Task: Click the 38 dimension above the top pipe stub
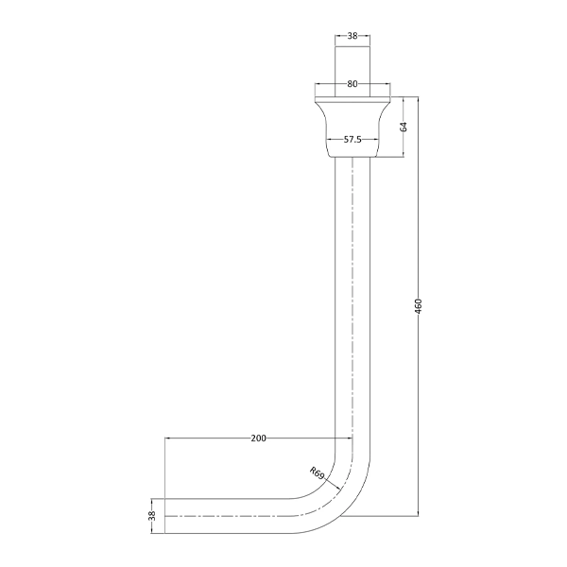pos(352,36)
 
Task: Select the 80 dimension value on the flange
pos(352,84)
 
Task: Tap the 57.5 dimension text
pos(352,139)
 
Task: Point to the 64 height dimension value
pos(404,127)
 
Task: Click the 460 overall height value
pos(418,307)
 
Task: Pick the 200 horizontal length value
pos(258,438)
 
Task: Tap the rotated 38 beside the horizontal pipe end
pos(151,515)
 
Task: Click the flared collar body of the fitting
pos(352,121)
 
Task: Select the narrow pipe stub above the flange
pos(352,66)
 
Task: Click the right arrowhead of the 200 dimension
pos(349,438)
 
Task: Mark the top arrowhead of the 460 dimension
pos(418,101)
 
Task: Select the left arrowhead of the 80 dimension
pos(318,84)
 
